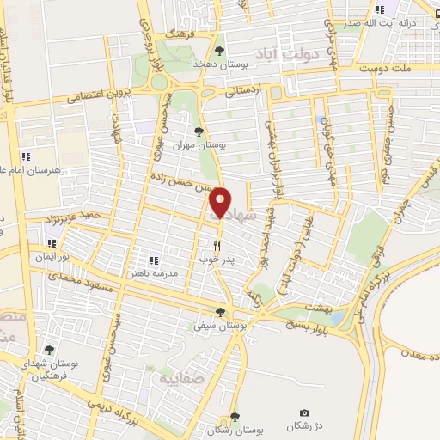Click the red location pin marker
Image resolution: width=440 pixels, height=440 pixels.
(220, 203)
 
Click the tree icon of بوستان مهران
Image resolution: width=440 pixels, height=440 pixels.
(199, 131)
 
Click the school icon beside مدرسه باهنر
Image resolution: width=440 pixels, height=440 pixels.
(155, 260)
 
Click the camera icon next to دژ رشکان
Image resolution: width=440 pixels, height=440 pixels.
(303, 414)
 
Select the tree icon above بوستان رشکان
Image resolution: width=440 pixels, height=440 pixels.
(235, 418)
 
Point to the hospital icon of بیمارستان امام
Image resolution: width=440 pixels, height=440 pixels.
(26, 156)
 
